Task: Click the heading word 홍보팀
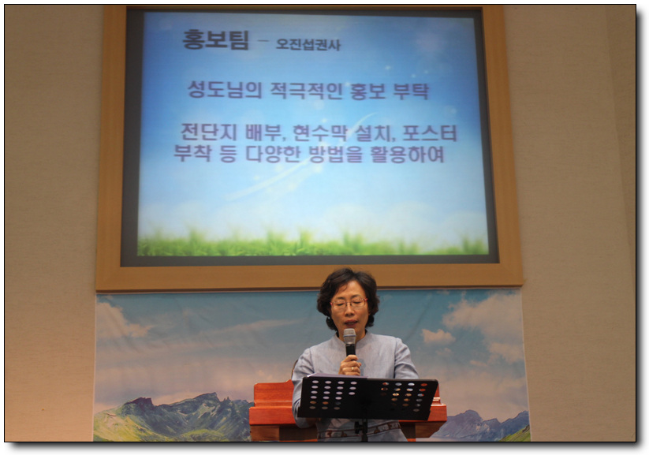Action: click(x=215, y=40)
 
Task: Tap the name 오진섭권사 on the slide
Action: click(x=308, y=44)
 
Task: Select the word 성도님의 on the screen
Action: click(x=225, y=90)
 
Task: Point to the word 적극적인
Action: click(x=306, y=91)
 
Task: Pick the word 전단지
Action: click(x=209, y=132)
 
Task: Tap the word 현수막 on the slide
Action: click(x=320, y=133)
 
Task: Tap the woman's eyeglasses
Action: click(x=349, y=304)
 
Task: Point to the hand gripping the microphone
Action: click(x=350, y=365)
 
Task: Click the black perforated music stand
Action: click(x=367, y=398)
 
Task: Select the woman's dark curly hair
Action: click(x=347, y=290)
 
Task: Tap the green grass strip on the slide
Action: click(x=312, y=244)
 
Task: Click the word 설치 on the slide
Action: click(x=373, y=133)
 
